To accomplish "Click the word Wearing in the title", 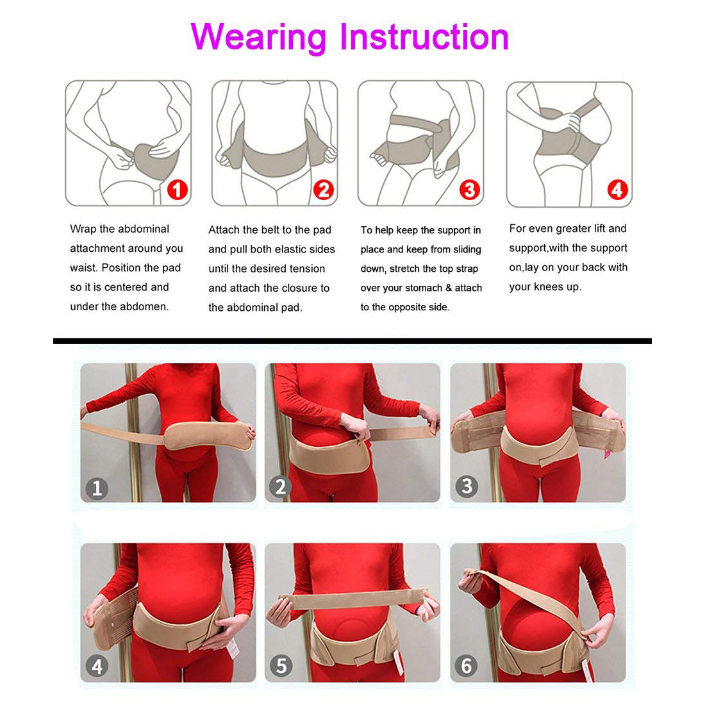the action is [x=258, y=38].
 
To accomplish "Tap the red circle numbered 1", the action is [x=177, y=190].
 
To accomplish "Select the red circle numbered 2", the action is [x=323, y=190].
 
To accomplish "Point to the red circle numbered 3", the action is [x=469, y=190].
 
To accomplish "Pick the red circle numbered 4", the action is [x=617, y=190].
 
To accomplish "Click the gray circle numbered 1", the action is [x=97, y=488].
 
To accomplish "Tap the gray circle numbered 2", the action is [x=280, y=486].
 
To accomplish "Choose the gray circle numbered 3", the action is [x=466, y=486].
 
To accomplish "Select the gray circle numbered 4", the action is [x=97, y=666].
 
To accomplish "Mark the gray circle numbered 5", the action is [x=281, y=665].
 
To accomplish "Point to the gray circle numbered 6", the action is [x=466, y=665].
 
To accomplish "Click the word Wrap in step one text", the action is [x=83, y=229].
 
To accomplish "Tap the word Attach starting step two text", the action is [x=224, y=229].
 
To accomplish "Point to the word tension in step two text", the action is [x=308, y=269].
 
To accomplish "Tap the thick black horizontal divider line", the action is [x=352, y=341].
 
